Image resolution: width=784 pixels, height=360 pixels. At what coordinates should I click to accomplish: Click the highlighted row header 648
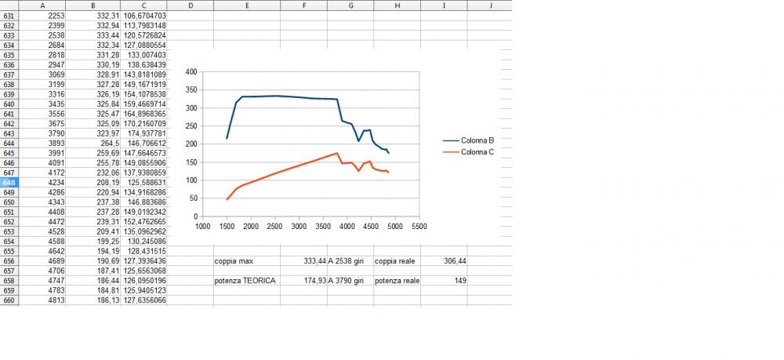pyautogui.click(x=9, y=182)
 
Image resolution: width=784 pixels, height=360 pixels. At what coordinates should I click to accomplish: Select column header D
pyautogui.click(x=191, y=5)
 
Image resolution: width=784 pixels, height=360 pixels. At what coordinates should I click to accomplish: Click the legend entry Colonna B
pyautogui.click(x=477, y=140)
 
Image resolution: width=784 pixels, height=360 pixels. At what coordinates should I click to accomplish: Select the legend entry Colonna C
pyautogui.click(x=477, y=152)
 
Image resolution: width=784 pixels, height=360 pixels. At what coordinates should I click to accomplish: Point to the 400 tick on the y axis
pyautogui.click(x=191, y=71)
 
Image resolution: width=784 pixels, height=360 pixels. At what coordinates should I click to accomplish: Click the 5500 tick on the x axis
pyautogui.click(x=419, y=227)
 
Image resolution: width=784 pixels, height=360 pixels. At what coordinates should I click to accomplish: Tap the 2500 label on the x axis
pyautogui.click(x=274, y=227)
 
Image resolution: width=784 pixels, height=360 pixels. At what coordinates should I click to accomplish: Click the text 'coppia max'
pyautogui.click(x=234, y=261)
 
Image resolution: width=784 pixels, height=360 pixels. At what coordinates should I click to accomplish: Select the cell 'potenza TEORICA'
pyautogui.click(x=245, y=280)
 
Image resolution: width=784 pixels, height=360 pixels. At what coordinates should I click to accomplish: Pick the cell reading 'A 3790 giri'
pyautogui.click(x=350, y=280)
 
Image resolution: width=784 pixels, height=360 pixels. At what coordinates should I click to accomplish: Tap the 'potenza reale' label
pyautogui.click(x=397, y=280)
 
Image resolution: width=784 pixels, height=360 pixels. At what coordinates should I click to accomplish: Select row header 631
pyautogui.click(x=9, y=16)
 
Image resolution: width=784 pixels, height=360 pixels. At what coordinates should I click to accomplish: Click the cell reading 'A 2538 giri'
pyautogui.click(x=350, y=261)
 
